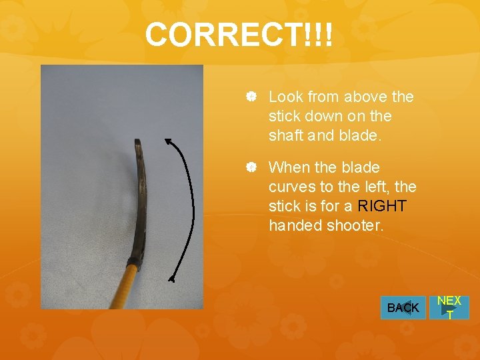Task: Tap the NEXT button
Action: [x=449, y=307]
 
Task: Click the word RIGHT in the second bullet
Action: [x=382, y=206]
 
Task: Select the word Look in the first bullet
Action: [x=285, y=97]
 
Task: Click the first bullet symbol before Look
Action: [x=251, y=97]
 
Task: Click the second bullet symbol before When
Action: [x=251, y=167]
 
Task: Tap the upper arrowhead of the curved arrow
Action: [x=168, y=142]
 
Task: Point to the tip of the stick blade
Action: [x=137, y=142]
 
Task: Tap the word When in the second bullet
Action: [x=289, y=167]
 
